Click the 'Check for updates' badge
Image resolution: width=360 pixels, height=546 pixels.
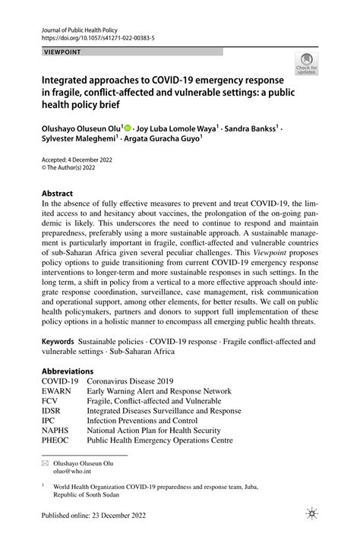pos(307,68)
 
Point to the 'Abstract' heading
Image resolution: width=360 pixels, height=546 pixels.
pos(57,194)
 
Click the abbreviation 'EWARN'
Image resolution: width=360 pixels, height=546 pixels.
pos(58,390)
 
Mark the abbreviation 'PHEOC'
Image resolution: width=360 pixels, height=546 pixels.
pos(58,439)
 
